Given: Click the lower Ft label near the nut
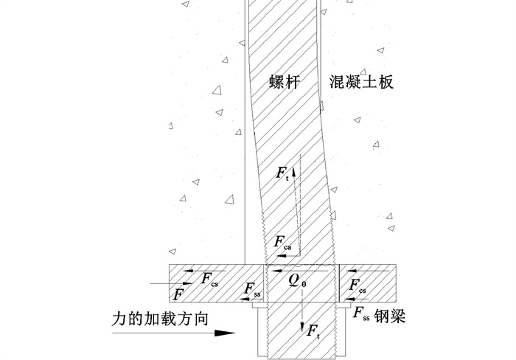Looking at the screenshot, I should (313, 330).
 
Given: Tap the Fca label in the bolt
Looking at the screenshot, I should (282, 241).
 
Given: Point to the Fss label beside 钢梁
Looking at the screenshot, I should (360, 314).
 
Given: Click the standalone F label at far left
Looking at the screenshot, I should (178, 294).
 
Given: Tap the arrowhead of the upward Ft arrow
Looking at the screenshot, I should (294, 170).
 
